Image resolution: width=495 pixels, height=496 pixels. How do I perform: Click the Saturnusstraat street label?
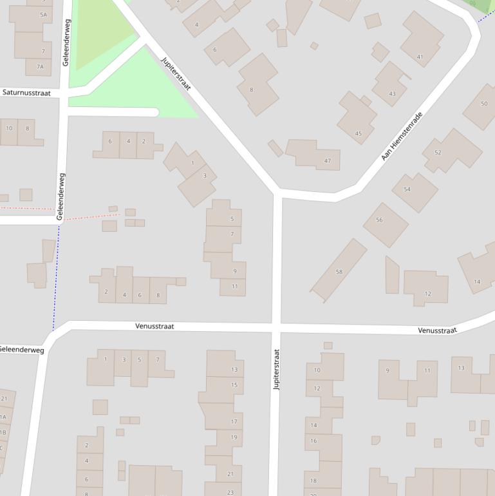pyautogui.click(x=26, y=93)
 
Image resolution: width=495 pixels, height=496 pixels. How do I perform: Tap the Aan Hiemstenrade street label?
pyautogui.click(x=402, y=136)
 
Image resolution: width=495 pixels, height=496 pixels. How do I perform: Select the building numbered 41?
pyautogui.click(x=420, y=57)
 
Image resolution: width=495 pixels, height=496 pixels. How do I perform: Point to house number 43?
pyautogui.click(x=392, y=94)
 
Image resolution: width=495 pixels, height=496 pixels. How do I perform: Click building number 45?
pyautogui.click(x=358, y=133)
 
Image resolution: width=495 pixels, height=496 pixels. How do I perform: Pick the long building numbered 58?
pyautogui.click(x=339, y=271)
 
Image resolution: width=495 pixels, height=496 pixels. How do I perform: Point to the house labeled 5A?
pyautogui.click(x=43, y=14)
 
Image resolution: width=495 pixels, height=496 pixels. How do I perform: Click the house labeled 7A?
pyautogui.click(x=40, y=66)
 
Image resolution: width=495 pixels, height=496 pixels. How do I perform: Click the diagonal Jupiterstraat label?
pyautogui.click(x=176, y=73)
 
